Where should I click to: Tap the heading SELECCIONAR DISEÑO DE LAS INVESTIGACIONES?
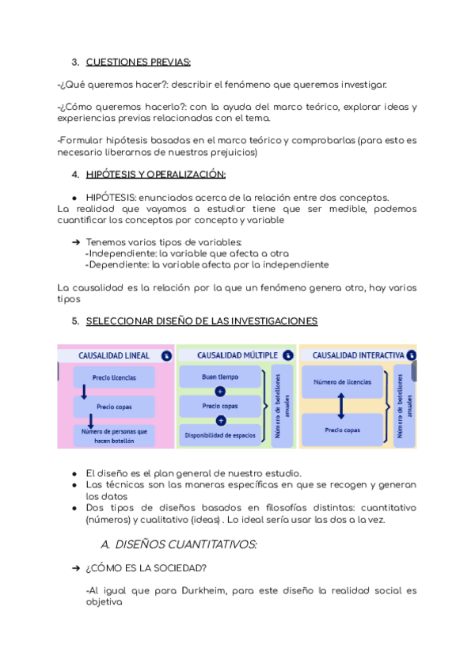pos(201,321)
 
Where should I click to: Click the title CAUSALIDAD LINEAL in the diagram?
pos(113,356)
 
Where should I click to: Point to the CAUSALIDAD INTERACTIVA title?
pos(352,356)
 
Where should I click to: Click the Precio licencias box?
pos(114,378)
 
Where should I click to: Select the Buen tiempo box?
pos(220,377)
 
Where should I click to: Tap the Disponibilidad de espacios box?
pos(220,435)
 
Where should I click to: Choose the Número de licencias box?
pos(342,381)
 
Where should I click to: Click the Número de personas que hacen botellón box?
pos(114,435)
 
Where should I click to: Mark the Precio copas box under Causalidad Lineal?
pos(114,407)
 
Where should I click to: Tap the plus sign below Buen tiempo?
pos(220,392)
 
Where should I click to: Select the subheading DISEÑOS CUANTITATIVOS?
pos(179,544)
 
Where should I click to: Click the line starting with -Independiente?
pos(175,253)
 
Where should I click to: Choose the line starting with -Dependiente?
pos(207,265)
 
